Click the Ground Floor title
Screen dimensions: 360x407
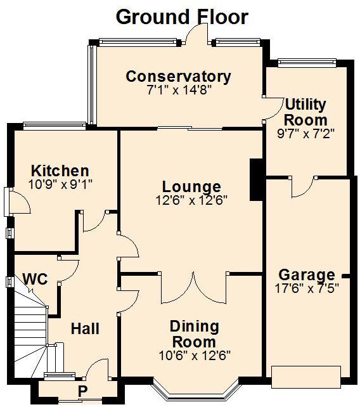click(182, 17)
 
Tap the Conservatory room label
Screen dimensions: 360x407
click(178, 77)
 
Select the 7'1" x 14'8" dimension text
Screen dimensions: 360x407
click(179, 90)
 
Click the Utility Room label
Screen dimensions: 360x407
click(305, 112)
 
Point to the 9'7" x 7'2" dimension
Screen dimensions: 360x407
click(305, 133)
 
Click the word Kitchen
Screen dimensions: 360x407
click(60, 171)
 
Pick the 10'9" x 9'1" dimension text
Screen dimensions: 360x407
click(60, 184)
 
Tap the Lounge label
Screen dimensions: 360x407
click(191, 186)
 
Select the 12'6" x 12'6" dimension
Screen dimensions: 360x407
click(191, 200)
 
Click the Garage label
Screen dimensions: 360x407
click(307, 275)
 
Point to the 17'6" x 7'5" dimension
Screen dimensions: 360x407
click(307, 288)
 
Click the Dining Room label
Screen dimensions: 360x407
click(194, 334)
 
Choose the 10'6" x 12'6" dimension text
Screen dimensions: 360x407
click(195, 356)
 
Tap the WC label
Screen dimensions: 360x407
click(35, 279)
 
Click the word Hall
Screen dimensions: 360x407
click(85, 328)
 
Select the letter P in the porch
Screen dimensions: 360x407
click(82, 391)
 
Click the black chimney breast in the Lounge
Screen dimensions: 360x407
click(256, 179)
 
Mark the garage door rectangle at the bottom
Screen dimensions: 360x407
click(306, 377)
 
